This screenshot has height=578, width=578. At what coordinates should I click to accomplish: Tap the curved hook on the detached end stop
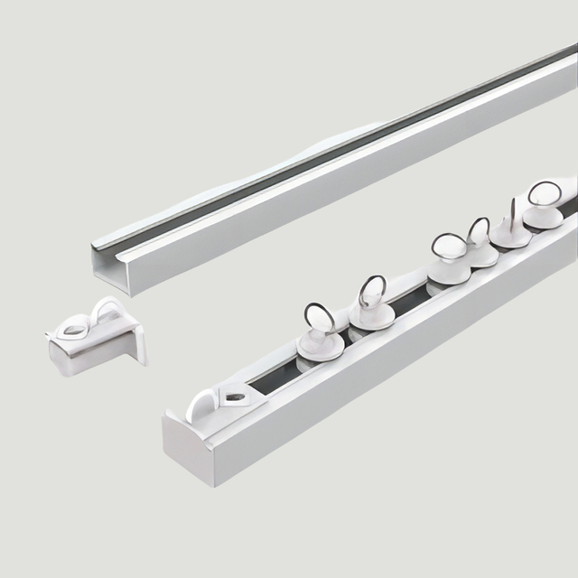pyautogui.click(x=107, y=312)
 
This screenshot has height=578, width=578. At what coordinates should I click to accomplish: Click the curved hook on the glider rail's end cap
pyautogui.click(x=201, y=404)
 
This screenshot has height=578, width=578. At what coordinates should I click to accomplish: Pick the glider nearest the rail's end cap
pyautogui.click(x=320, y=341)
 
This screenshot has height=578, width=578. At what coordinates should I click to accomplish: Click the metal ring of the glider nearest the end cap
pyautogui.click(x=319, y=317)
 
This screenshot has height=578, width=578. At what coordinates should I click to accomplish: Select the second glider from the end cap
pyautogui.click(x=371, y=312)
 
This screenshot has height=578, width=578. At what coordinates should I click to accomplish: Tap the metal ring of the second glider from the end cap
pyautogui.click(x=371, y=290)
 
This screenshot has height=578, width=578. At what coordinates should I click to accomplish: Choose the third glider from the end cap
pyautogui.click(x=449, y=266)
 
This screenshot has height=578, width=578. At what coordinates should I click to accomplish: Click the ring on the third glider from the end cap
pyautogui.click(x=448, y=245)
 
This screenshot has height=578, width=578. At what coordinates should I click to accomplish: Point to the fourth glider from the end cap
pyautogui.click(x=480, y=251)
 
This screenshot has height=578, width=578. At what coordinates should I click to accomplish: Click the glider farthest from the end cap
pyautogui.click(x=544, y=214)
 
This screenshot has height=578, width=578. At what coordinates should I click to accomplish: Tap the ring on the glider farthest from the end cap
pyautogui.click(x=544, y=192)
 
